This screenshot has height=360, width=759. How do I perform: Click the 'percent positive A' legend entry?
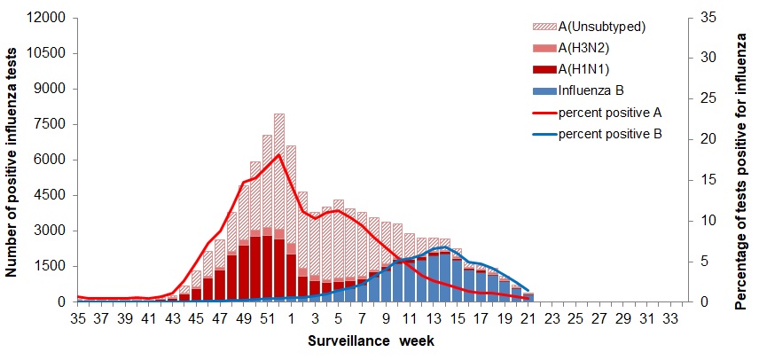(x=609, y=113)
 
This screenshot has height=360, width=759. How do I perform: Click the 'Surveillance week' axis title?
(x=371, y=340)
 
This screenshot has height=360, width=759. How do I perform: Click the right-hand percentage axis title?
(x=740, y=160)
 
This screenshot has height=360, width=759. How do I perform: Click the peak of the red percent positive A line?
(x=279, y=155)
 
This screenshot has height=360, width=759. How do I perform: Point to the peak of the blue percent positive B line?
(x=444, y=247)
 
